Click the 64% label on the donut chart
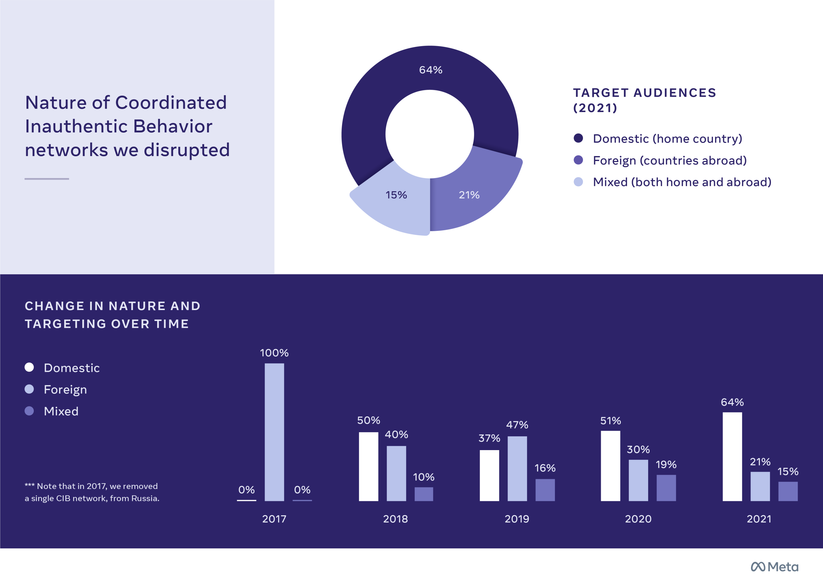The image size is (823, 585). (430, 70)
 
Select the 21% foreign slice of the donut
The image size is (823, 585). (476, 195)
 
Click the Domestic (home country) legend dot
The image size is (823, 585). (578, 138)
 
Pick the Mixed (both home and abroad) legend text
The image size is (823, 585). (682, 182)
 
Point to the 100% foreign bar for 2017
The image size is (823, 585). (274, 432)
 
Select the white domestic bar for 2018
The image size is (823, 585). (368, 466)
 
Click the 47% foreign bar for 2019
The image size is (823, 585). (517, 468)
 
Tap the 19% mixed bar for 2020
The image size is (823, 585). (666, 488)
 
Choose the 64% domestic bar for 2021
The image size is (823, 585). (732, 456)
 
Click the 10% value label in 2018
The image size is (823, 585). (424, 477)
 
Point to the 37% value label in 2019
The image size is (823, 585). (489, 438)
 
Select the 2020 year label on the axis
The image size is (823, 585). (638, 519)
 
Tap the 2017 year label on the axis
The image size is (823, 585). (274, 519)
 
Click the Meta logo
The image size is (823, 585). (774, 567)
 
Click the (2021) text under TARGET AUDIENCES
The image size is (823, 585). (595, 108)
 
